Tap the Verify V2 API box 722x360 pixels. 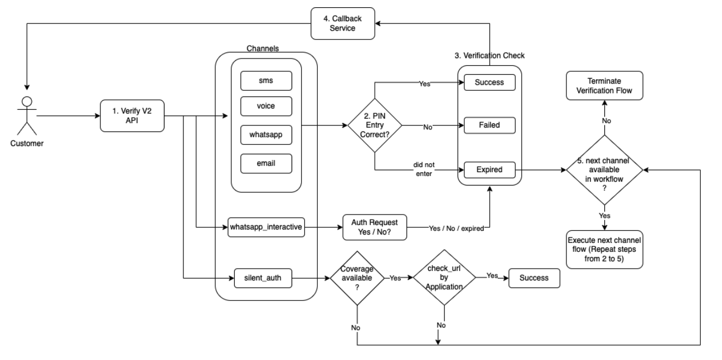(132, 115)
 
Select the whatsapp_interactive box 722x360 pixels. (266, 227)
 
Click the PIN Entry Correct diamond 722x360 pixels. (375, 126)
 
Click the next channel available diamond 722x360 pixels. (604, 170)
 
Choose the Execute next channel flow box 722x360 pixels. (604, 249)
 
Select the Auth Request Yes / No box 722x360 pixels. (375, 227)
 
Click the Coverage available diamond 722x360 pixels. (357, 278)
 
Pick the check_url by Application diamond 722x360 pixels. (444, 278)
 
